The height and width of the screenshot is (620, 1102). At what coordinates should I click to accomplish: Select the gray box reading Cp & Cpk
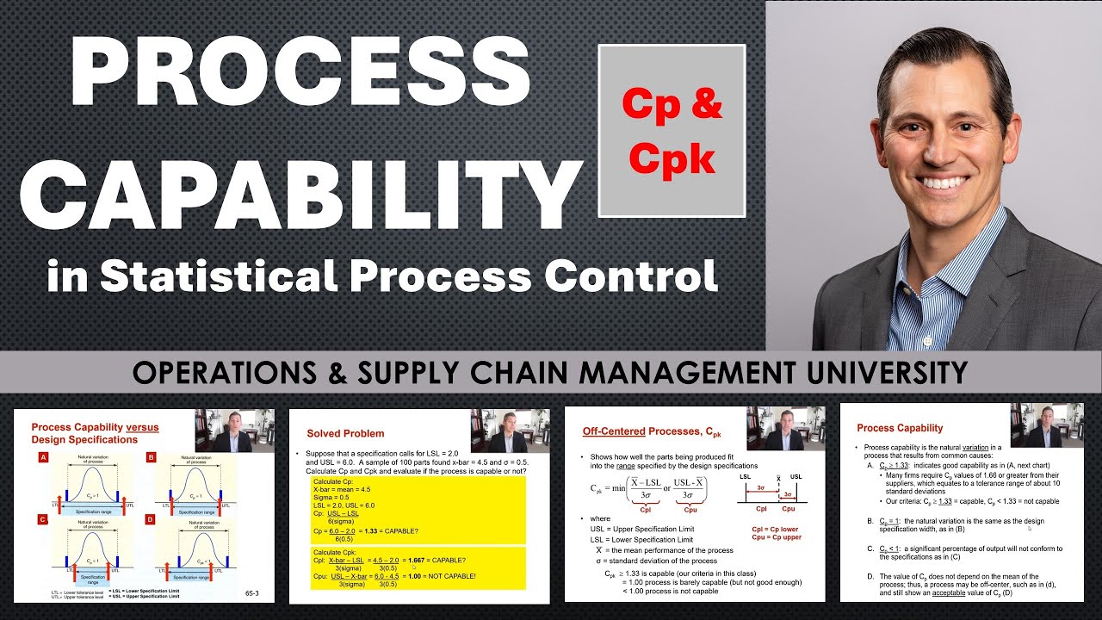pyautogui.click(x=672, y=131)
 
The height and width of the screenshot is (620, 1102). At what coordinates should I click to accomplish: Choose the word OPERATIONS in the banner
pyautogui.click(x=228, y=372)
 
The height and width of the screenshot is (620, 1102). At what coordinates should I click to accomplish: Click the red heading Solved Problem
pyautogui.click(x=345, y=433)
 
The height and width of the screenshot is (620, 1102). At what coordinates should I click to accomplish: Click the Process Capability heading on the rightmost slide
pyautogui.click(x=900, y=428)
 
